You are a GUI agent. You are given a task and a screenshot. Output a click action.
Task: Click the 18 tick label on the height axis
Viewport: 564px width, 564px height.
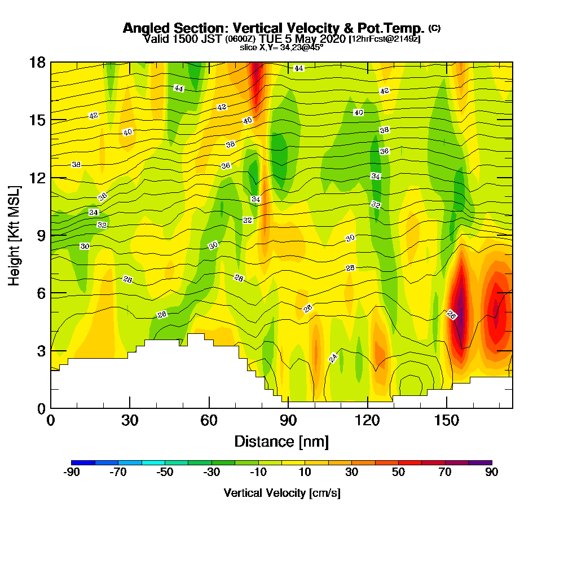point(37,62)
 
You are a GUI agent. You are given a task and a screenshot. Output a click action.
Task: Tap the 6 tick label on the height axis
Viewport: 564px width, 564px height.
point(41,293)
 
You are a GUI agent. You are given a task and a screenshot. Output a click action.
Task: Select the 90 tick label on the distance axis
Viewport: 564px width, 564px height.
point(288,420)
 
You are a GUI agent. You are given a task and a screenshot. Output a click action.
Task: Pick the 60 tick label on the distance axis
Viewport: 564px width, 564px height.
point(209,420)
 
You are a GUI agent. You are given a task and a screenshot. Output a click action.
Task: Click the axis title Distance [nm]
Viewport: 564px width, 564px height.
point(281,441)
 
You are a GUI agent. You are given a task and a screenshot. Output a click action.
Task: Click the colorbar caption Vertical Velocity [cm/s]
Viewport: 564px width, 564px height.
point(282,493)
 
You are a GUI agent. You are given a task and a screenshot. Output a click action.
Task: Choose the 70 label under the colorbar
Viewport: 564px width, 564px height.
point(445,473)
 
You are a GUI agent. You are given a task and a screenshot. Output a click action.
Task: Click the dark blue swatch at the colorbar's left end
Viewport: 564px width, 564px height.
point(83,462)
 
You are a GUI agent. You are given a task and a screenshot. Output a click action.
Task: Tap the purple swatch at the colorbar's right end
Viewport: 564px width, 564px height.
point(480,462)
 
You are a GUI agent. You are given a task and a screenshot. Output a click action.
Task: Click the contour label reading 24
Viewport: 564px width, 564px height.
point(333,358)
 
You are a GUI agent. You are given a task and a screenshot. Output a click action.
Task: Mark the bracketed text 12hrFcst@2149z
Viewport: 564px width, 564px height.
point(385,39)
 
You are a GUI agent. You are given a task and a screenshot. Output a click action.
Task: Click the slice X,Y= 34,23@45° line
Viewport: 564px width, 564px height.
point(281,47)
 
